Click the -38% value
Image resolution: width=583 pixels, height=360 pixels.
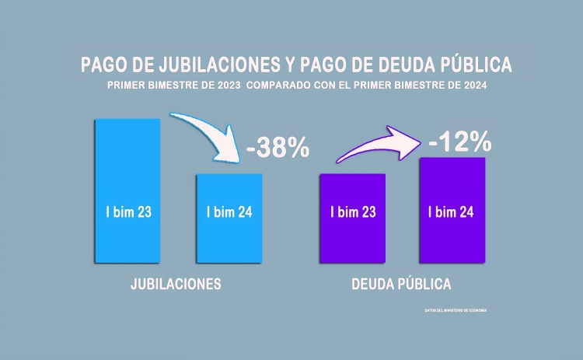[278, 148]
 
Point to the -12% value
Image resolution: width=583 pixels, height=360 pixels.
[459, 142]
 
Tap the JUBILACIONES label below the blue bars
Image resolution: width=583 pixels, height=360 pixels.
[176, 284]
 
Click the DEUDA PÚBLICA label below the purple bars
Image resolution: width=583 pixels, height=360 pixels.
[400, 284]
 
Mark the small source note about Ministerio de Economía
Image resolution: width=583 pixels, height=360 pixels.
[456, 310]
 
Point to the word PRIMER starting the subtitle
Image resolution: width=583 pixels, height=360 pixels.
[127, 86]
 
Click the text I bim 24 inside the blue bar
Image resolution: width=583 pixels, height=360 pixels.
[229, 211]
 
